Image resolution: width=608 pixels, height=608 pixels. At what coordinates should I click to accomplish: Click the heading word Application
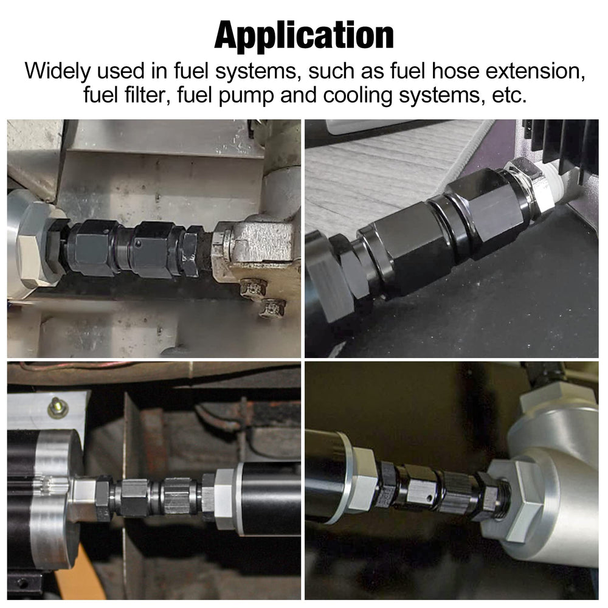tap(304, 36)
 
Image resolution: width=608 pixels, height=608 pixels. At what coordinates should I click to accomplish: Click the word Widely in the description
tap(57, 71)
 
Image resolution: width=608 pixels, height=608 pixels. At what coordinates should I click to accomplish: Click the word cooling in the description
tap(358, 96)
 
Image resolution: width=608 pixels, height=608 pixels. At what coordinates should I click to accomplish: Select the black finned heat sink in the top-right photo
tap(562, 147)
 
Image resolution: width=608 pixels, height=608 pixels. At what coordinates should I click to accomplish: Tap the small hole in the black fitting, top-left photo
tap(139, 244)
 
